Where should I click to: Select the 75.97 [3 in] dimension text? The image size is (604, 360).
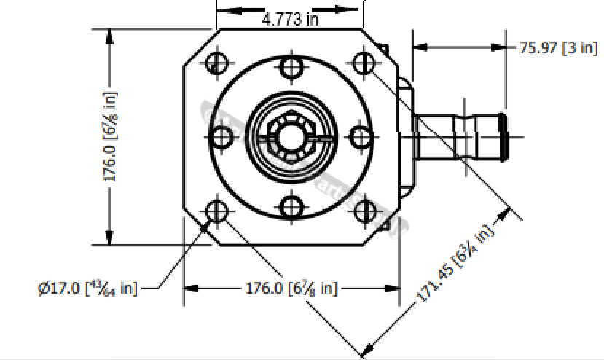point(558,48)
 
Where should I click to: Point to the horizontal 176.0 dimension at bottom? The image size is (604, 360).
point(291,288)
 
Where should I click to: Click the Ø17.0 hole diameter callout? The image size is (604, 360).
point(87,288)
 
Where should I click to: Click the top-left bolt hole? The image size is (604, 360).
point(216,63)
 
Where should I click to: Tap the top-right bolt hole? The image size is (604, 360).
point(364,63)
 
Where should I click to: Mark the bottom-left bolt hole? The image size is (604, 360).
point(216,211)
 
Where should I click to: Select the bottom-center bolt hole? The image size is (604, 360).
point(291,207)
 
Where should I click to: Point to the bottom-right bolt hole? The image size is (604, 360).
point(364,211)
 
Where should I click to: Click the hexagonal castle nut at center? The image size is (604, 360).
point(289,136)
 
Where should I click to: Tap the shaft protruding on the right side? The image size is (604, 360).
point(459,136)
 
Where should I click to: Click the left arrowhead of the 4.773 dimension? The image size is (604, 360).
point(223,11)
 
